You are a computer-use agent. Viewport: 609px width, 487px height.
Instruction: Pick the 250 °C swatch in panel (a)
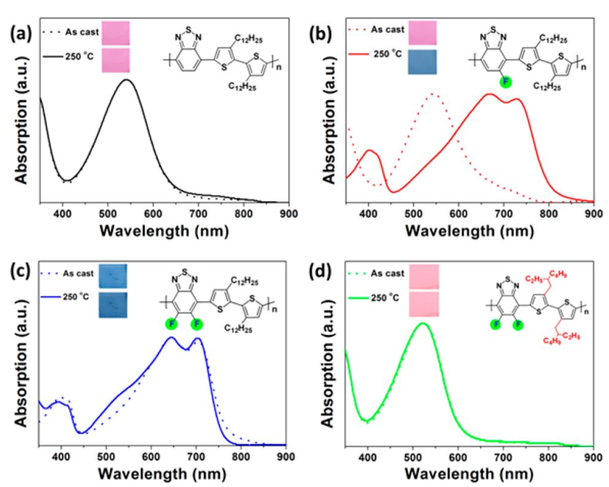pos(115,60)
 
